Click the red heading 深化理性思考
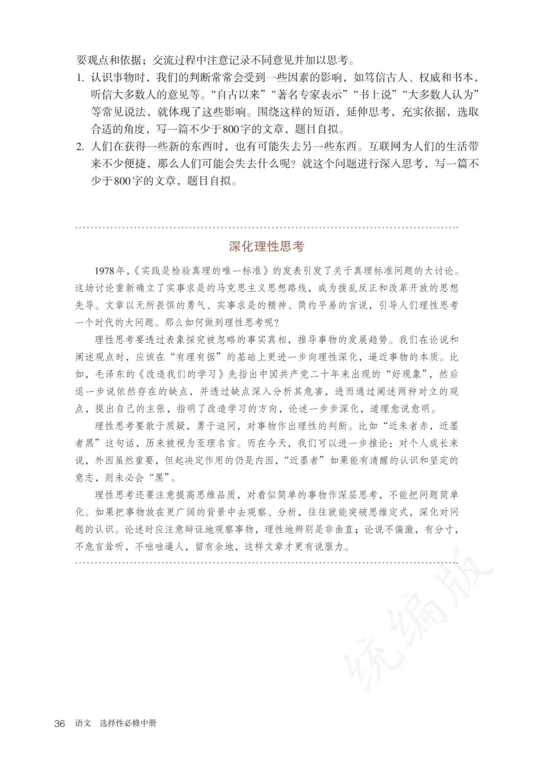(266, 247)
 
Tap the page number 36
(60, 724)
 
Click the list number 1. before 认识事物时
(80, 78)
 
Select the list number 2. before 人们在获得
(80, 147)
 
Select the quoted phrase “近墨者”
(303, 460)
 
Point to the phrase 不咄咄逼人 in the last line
(161, 547)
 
